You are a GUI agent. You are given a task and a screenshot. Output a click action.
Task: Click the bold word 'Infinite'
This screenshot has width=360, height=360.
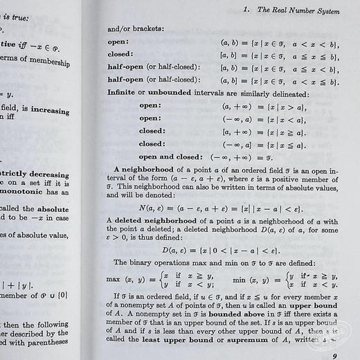pos(126,93)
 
